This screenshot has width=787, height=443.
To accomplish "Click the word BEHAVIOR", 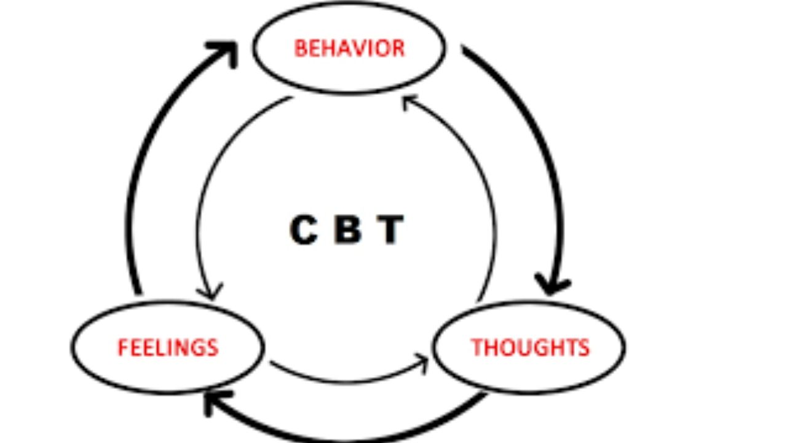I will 349,48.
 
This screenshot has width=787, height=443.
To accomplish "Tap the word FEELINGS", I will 168,348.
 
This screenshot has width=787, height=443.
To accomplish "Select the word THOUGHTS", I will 530,348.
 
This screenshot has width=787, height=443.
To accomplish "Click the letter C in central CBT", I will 303,230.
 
